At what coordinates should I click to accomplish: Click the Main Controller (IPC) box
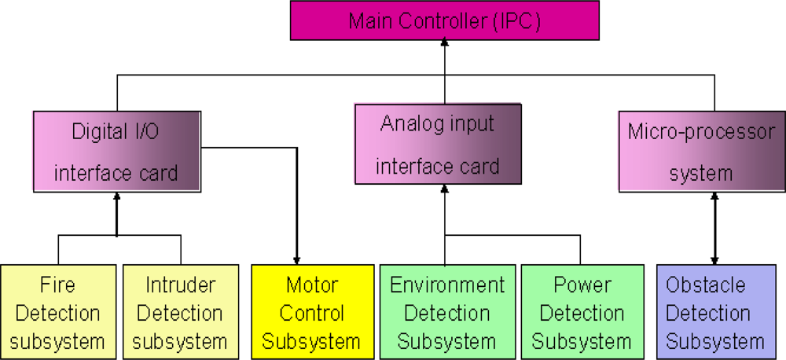[x=444, y=20]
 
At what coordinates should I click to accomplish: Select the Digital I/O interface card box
[x=116, y=151]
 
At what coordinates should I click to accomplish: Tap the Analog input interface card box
[x=439, y=145]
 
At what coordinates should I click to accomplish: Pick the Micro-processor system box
[x=701, y=151]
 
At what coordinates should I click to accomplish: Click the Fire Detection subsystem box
[x=58, y=312]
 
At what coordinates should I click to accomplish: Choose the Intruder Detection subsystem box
[x=181, y=312]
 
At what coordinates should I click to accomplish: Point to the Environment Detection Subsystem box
[x=446, y=312]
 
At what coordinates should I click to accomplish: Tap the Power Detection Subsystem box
[x=582, y=312]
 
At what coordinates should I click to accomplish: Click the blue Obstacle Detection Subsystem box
[x=715, y=312]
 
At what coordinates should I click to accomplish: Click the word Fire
[x=58, y=285]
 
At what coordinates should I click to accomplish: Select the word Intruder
[x=181, y=285]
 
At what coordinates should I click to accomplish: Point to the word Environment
[x=446, y=285]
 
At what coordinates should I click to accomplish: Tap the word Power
[x=582, y=285]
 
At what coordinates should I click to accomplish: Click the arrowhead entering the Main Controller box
[x=444, y=46]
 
